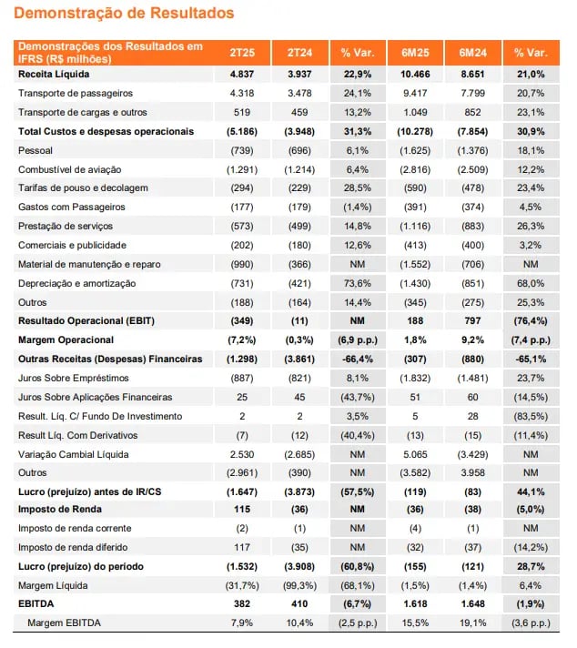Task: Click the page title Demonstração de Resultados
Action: click(124, 13)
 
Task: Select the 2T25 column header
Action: click(242, 53)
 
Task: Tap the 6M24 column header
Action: click(472, 53)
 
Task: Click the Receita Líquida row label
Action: click(54, 75)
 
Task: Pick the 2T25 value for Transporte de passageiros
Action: click(242, 94)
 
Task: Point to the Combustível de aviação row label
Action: click(70, 169)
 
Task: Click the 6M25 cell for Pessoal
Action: click(415, 150)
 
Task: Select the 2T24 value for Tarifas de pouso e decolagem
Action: click(299, 188)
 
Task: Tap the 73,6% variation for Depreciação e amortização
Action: click(358, 284)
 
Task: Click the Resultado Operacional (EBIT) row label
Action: click(86, 321)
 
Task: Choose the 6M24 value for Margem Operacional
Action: click(472, 340)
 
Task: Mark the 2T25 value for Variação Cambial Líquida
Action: click(242, 454)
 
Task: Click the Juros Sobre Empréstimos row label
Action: click(74, 378)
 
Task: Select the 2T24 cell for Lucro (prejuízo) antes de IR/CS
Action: click(299, 492)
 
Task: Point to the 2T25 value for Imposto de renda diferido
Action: click(242, 548)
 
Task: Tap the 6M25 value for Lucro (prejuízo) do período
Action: click(415, 567)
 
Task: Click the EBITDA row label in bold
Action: click(36, 604)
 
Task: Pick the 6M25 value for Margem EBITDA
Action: click(415, 623)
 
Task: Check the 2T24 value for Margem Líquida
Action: click(299, 585)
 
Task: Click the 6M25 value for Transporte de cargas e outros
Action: click(415, 113)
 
